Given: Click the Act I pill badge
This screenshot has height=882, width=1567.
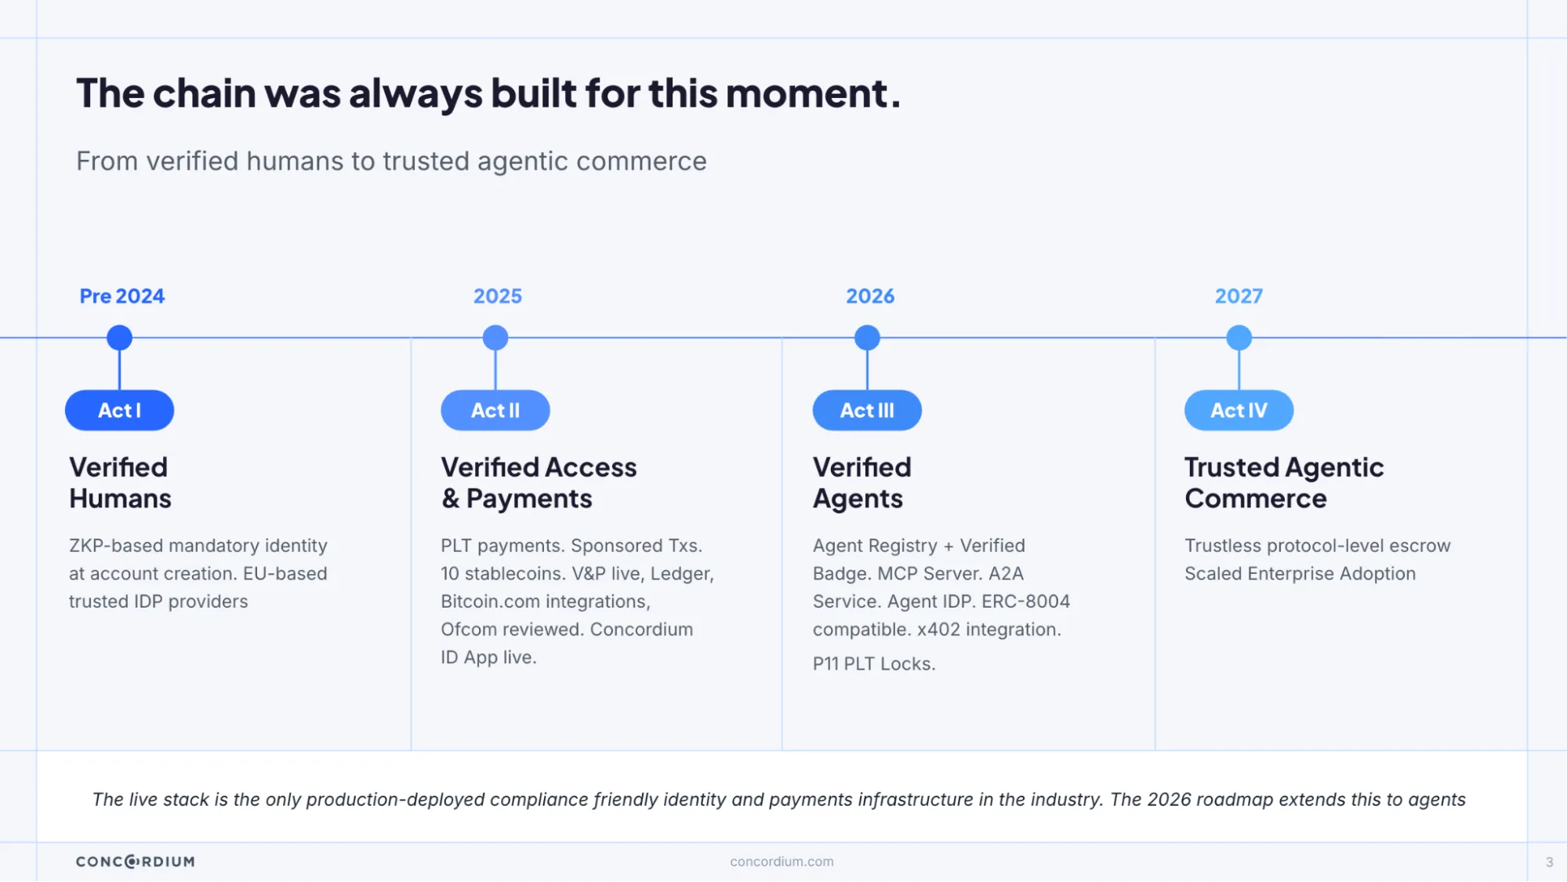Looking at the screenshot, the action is point(119,410).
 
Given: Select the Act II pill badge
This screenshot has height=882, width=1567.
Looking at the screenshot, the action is point(495,410).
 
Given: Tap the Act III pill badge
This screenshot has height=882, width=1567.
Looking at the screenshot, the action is point(867,410).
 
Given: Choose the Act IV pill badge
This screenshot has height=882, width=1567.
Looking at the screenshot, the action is point(1239,410).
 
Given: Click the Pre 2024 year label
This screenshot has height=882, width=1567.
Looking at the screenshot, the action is point(122,296).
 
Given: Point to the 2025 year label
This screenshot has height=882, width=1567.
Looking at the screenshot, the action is point(498,296).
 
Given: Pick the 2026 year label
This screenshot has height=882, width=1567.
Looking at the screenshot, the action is point(870,296).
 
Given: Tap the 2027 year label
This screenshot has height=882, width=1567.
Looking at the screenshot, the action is point(1239,296).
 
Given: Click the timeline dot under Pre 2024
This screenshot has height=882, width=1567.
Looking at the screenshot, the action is point(119,338).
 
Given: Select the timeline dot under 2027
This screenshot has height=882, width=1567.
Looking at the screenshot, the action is point(1239,338).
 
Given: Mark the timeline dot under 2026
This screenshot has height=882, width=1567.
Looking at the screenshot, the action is point(867,338).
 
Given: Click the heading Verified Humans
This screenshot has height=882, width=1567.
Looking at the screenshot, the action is point(120,483).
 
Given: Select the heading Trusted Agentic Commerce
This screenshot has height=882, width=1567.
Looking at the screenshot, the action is point(1284,483).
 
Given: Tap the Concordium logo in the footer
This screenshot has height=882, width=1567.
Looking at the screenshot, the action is point(136,862).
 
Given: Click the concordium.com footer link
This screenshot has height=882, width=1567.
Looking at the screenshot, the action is point(782,862).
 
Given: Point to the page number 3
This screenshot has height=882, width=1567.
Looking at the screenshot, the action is point(1549,862).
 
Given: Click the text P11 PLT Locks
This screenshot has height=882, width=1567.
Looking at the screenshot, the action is point(874,664).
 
